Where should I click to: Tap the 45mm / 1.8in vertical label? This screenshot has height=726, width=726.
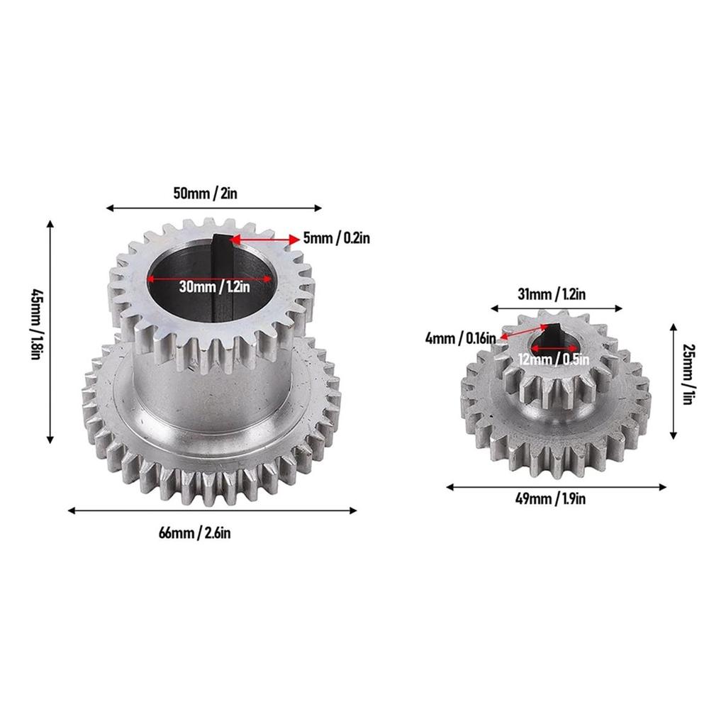[x=35, y=323]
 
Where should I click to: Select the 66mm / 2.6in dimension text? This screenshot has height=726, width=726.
[x=195, y=533]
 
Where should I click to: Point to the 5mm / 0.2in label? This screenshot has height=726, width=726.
[x=336, y=239]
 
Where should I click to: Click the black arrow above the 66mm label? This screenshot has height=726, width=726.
[x=212, y=510]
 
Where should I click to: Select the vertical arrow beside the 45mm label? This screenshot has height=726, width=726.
[x=50, y=331]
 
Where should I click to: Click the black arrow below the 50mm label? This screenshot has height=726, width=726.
[x=213, y=208]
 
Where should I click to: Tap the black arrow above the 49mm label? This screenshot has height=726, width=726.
[x=557, y=486]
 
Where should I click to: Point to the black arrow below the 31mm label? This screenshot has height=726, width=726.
[x=557, y=308]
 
